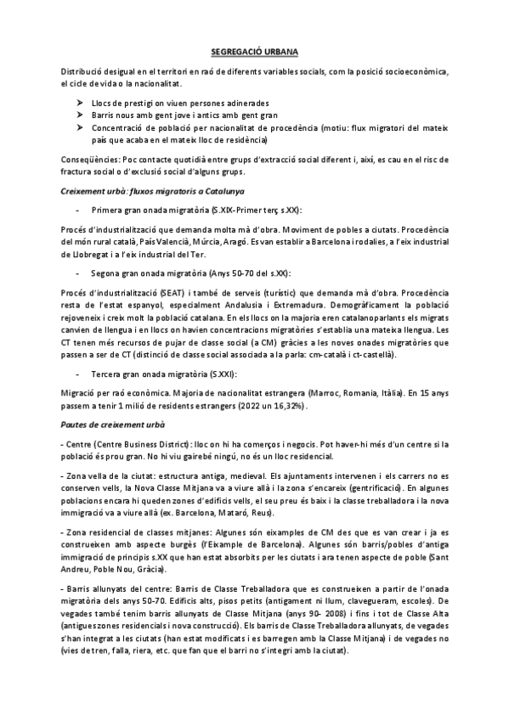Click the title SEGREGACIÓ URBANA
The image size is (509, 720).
tap(255, 51)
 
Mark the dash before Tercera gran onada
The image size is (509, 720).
tap(77, 374)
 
